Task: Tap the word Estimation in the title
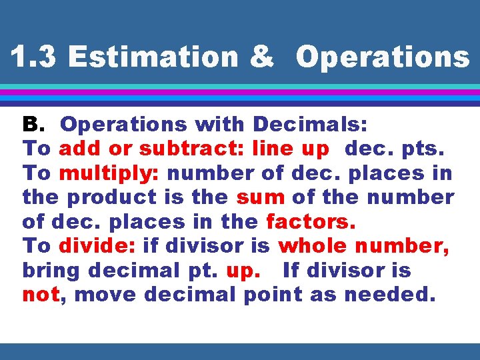[x=152, y=57]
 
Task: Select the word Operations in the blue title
[x=383, y=57]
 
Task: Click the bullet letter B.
[x=32, y=125]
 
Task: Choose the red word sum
[x=260, y=198]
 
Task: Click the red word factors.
[x=311, y=222]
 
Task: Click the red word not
[x=41, y=295]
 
